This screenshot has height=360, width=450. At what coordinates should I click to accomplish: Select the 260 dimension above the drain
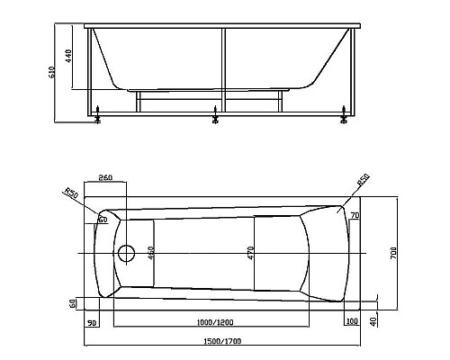(x=105, y=178)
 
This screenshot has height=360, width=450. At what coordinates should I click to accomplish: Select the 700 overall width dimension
(x=393, y=256)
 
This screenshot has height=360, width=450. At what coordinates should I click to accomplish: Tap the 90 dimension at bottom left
(x=93, y=321)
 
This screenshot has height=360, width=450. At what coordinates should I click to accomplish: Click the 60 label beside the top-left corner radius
(x=103, y=219)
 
